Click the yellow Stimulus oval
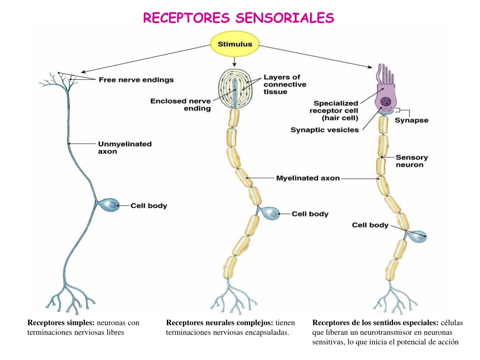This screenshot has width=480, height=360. click(x=235, y=44)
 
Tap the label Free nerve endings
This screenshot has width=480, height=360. click(x=136, y=80)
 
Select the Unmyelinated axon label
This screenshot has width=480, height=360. click(x=125, y=148)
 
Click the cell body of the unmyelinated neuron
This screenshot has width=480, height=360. click(x=109, y=205)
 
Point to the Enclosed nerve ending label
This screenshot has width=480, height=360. click(x=180, y=105)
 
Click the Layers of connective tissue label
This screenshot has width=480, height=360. click(x=285, y=84)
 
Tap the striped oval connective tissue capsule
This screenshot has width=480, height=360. click(x=235, y=89)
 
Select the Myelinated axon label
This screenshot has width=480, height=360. click(x=308, y=178)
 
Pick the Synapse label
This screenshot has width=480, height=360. click(x=412, y=120)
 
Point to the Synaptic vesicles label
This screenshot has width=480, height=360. click(x=324, y=130)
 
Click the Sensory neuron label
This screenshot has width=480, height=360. click(x=412, y=161)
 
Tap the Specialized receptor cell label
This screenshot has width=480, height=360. click(x=334, y=111)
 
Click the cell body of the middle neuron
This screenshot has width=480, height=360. click(x=270, y=213)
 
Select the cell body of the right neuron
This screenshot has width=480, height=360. click(x=418, y=236)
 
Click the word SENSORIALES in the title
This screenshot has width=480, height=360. click(x=285, y=18)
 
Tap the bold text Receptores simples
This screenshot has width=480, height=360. click(x=61, y=322)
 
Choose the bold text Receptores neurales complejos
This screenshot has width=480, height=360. click(x=219, y=322)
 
